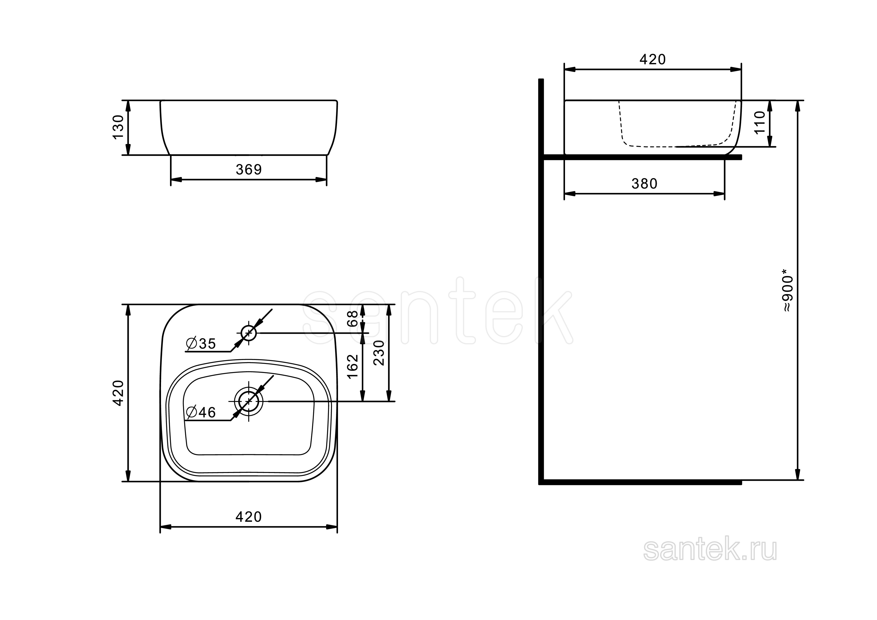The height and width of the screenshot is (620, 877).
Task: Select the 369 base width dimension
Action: [249, 169]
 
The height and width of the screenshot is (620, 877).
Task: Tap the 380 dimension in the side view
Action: [644, 184]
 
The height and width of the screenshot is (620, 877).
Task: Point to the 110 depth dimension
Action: [760, 122]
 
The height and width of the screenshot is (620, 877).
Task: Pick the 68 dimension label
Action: [352, 318]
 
